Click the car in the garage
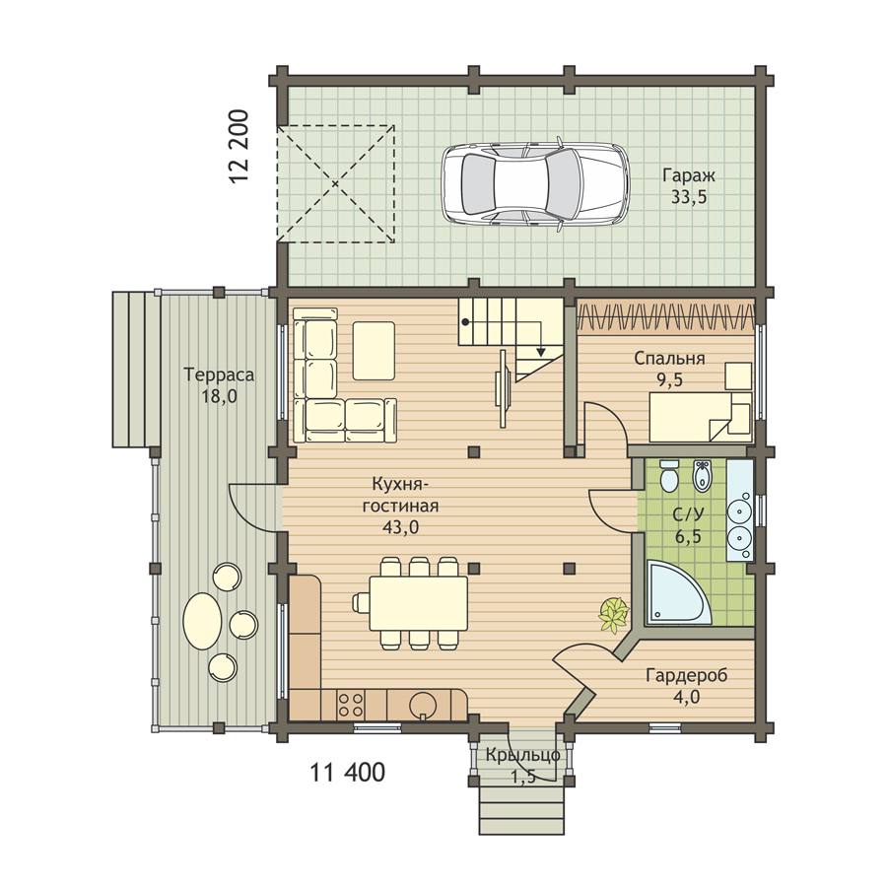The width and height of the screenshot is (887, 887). (x=535, y=184)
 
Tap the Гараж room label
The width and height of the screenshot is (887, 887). (x=689, y=175)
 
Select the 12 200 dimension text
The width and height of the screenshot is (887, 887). (x=239, y=146)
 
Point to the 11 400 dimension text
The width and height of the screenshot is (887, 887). (x=347, y=772)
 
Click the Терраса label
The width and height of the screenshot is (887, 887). (x=219, y=375)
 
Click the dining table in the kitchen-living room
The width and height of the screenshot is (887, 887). (x=419, y=603)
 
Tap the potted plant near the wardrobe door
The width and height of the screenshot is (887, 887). (x=614, y=614)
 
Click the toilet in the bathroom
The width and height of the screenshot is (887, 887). (x=669, y=476)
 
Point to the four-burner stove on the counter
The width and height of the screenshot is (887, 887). (x=350, y=705)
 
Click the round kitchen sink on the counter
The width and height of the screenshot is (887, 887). (x=423, y=705)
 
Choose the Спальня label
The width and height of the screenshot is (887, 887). (x=669, y=358)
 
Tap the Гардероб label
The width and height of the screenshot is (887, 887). (x=687, y=675)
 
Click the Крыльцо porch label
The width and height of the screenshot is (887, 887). (x=522, y=755)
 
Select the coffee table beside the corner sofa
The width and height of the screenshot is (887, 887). (x=374, y=351)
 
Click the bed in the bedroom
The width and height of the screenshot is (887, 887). (x=701, y=418)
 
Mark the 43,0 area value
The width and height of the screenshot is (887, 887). (x=400, y=527)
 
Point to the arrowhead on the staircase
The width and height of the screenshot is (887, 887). (x=541, y=352)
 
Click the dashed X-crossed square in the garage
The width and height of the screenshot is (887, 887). (x=335, y=184)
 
